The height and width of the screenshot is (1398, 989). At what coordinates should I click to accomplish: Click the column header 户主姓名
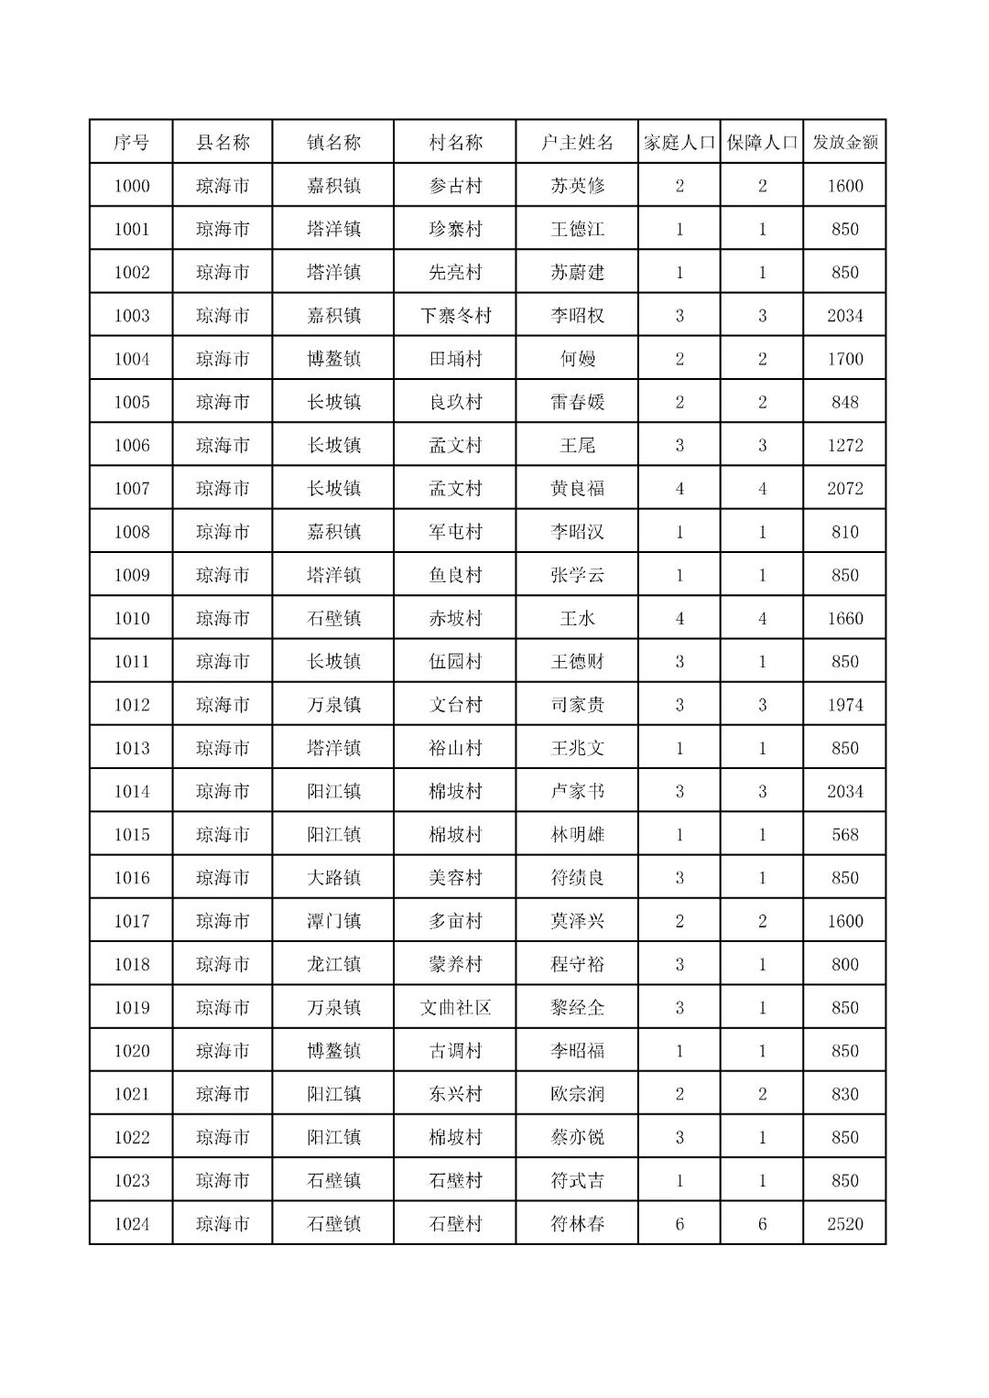tap(577, 143)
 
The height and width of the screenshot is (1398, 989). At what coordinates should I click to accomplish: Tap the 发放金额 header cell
tap(844, 143)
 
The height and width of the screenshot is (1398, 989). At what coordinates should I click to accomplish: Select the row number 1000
tap(131, 186)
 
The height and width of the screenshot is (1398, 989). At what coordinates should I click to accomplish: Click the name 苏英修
tap(577, 186)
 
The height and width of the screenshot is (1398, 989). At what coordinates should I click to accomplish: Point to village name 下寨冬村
tap(455, 316)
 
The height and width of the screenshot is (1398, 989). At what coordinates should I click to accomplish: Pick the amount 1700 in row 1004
tap(844, 359)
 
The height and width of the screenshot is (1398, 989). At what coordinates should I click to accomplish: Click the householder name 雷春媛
tap(577, 402)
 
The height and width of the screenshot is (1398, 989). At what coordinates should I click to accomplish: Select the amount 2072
tap(844, 489)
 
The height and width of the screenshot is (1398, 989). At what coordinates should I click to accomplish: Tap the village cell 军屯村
tap(455, 532)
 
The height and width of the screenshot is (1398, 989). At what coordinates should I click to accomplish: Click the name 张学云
tap(577, 575)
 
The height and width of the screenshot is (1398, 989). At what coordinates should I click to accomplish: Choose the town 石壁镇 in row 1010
tap(333, 619)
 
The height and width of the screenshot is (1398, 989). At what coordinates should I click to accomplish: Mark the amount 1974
tap(844, 705)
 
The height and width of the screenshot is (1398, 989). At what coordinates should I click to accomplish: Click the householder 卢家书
tap(577, 792)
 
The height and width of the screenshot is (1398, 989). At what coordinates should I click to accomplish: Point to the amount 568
tap(844, 835)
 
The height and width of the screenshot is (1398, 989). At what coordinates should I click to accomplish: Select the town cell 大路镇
tap(333, 878)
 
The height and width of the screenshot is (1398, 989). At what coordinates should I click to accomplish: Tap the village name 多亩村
tap(455, 921)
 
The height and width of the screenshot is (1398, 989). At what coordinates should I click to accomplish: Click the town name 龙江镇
tap(333, 964)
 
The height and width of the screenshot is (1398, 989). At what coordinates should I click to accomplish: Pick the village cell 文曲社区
tap(455, 1008)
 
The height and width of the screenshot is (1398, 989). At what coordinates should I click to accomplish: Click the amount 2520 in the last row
tap(844, 1224)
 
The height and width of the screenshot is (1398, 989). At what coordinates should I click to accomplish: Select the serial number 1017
tap(131, 921)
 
